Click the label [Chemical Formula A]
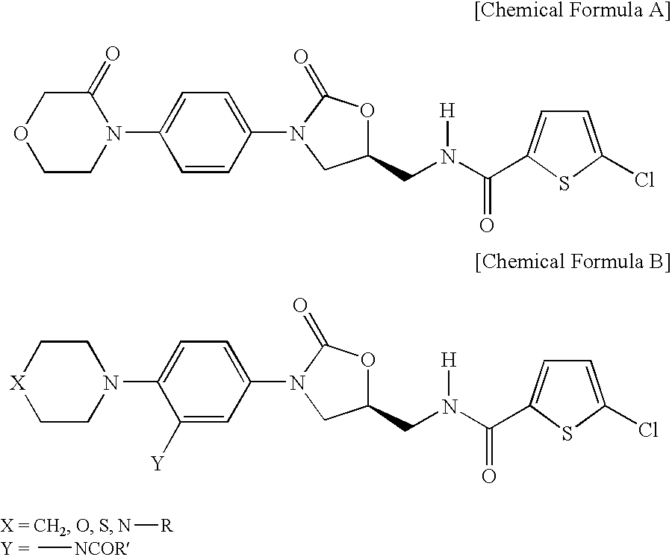tap(572, 10)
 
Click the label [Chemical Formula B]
tap(572, 261)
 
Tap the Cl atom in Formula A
tap(644, 180)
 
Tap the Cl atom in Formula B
tap(647, 429)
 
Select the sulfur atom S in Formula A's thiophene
tap(564, 184)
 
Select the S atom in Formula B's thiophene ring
tap(567, 433)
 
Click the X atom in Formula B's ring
tap(18, 383)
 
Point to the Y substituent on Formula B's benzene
tap(158, 463)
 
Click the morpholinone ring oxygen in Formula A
tap(21, 133)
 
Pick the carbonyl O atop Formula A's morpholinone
tap(112, 54)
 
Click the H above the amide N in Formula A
tap(447, 111)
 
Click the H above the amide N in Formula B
tap(449, 361)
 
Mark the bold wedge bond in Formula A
tap(387, 168)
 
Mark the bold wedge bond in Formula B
tap(387, 417)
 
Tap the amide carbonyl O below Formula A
tap(487, 225)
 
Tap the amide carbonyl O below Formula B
tap(489, 476)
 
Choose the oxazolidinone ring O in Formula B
tap(367, 359)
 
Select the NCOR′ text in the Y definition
tap(102, 549)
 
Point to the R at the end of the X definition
tap(167, 526)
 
